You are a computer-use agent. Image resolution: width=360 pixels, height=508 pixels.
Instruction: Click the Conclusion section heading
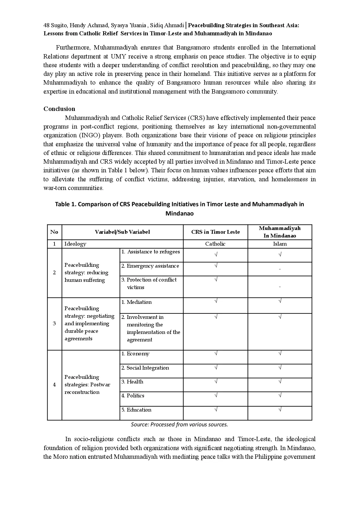click(59, 109)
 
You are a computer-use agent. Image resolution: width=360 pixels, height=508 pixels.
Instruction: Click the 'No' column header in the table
click(54, 232)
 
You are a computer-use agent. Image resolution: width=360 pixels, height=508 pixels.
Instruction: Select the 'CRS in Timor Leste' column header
click(215, 232)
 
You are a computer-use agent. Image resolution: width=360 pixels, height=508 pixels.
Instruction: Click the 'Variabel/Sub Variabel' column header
click(122, 232)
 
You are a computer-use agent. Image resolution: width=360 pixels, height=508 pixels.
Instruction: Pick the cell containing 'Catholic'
click(215, 244)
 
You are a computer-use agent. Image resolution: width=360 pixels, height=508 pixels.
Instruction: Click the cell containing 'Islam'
click(280, 244)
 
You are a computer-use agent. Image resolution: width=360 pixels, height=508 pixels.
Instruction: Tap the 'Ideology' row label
click(75, 244)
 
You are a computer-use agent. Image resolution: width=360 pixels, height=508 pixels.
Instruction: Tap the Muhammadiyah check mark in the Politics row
click(280, 395)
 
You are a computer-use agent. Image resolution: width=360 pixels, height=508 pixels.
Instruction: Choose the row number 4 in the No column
click(54, 385)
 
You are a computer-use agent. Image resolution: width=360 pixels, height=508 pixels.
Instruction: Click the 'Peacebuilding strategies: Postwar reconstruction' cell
click(87, 385)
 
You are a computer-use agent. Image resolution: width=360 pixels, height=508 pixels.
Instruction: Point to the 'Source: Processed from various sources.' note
click(179, 425)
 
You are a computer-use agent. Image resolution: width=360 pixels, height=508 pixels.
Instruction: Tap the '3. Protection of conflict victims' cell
click(149, 284)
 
